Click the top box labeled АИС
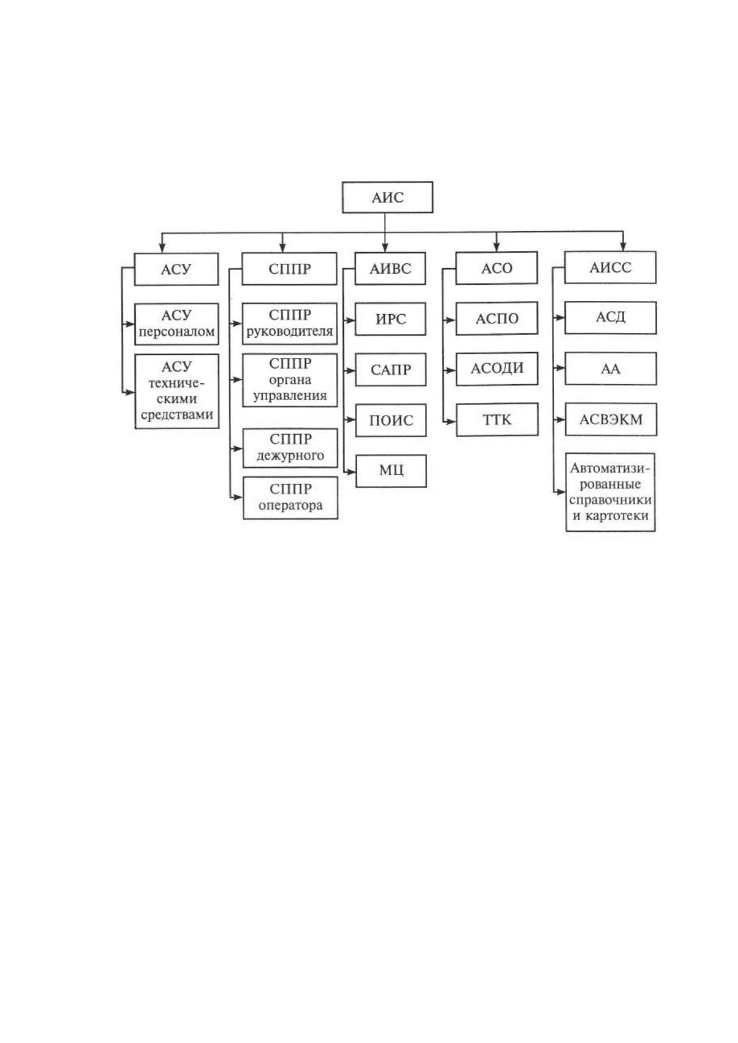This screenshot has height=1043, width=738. point(387,198)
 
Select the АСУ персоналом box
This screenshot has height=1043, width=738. point(176,324)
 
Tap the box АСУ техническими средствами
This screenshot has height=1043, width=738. point(177,391)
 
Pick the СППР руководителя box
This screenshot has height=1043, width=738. point(289,323)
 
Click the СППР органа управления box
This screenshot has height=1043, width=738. point(289,380)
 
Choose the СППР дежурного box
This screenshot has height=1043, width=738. point(290,448)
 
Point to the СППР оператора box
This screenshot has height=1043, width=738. point(290,498)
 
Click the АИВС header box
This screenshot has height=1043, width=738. point(390,269)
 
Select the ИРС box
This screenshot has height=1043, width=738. point(390,319)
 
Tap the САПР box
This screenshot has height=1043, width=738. point(390,370)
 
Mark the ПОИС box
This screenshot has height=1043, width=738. point(391,421)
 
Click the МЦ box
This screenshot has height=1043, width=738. point(391,471)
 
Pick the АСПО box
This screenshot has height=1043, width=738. point(497,318)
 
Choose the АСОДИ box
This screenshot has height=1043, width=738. point(497,369)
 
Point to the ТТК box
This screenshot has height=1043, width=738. point(497,419)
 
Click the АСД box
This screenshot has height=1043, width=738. point(610,318)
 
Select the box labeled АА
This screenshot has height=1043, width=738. point(611,369)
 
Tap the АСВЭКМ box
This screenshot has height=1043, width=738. point(611,419)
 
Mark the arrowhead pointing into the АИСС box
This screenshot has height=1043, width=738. point(623,247)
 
